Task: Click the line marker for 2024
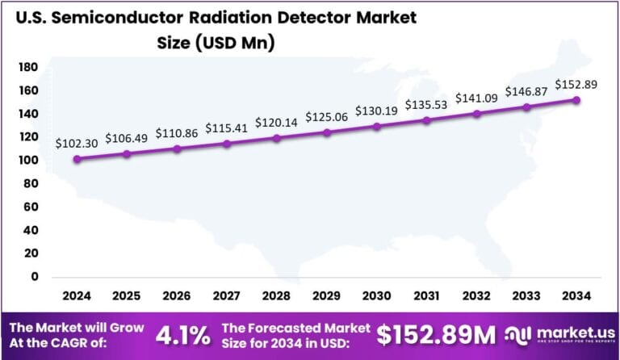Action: [77, 159]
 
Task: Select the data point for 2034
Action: [576, 100]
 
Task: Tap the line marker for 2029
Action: [327, 132]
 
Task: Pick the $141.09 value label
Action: [475, 98]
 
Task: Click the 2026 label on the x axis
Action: [177, 297]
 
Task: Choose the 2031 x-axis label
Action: [426, 297]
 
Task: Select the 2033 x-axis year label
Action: [526, 297]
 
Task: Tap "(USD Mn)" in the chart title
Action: [235, 44]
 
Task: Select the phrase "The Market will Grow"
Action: [76, 328]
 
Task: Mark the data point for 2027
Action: [227, 144]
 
